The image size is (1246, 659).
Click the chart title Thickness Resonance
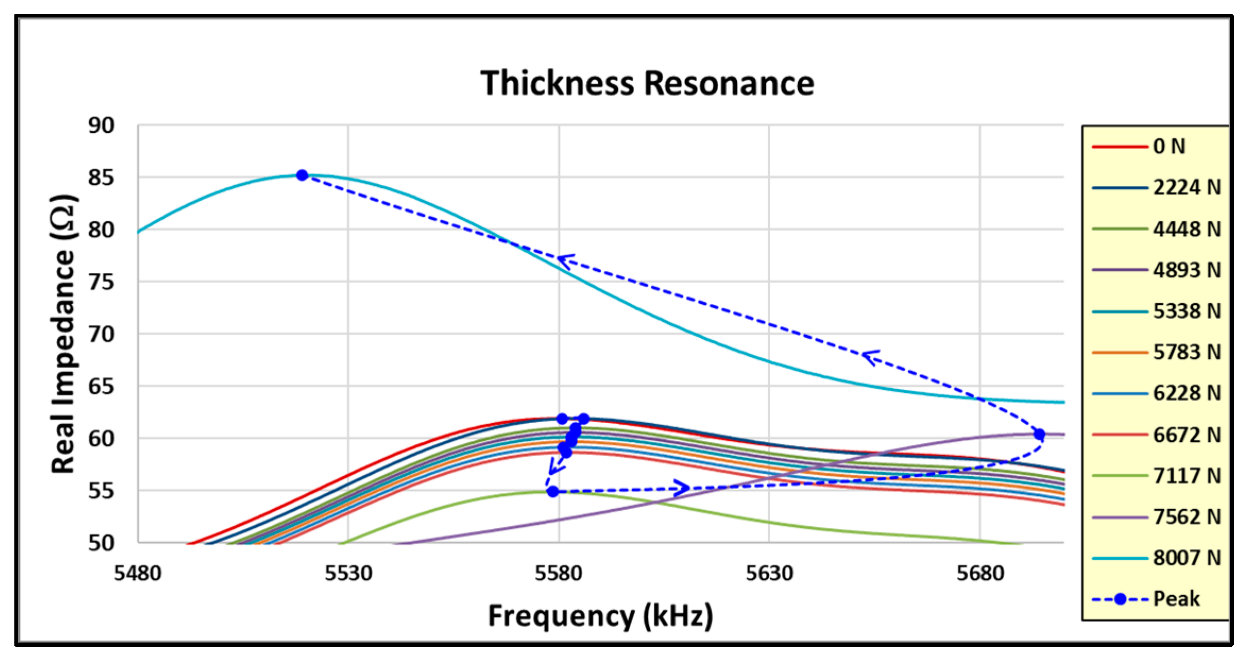[646, 83]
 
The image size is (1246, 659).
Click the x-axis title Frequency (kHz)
[600, 617]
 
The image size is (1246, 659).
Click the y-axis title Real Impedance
[63, 335]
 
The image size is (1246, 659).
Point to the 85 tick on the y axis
[101, 177]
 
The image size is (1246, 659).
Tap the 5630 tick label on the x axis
[769, 574]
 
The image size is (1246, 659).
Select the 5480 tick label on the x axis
[137, 574]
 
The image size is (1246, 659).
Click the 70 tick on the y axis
[101, 334]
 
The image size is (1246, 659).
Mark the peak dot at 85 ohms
[302, 175]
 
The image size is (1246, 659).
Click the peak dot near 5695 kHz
[1039, 434]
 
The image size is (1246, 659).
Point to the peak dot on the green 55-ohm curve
[553, 491]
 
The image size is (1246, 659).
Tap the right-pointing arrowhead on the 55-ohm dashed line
[683, 487]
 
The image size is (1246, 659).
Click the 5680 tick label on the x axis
[980, 574]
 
